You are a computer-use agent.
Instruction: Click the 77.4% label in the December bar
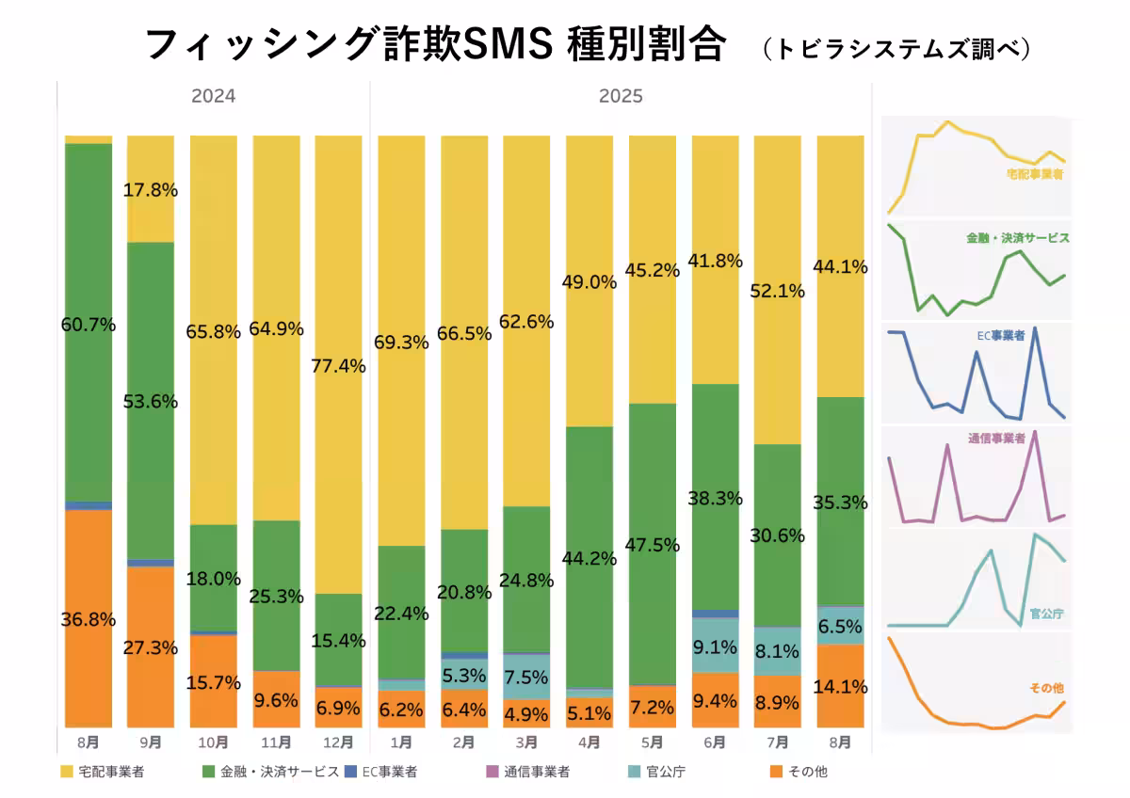pos(337,366)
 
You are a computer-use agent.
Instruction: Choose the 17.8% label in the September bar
pos(150,189)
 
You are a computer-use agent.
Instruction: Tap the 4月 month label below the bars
pos(588,742)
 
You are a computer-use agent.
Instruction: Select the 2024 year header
pos(213,96)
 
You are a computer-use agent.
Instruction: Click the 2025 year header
pos(621,96)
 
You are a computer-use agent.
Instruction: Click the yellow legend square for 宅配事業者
pos(66,773)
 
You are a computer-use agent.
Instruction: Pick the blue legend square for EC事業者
pos(351,773)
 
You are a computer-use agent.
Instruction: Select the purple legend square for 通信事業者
pos(491,773)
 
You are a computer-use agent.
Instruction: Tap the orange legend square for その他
pos(775,773)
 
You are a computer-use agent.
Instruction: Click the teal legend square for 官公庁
pos(633,773)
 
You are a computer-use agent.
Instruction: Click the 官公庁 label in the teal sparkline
pos(1046,614)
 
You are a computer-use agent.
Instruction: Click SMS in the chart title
pos(506,44)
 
